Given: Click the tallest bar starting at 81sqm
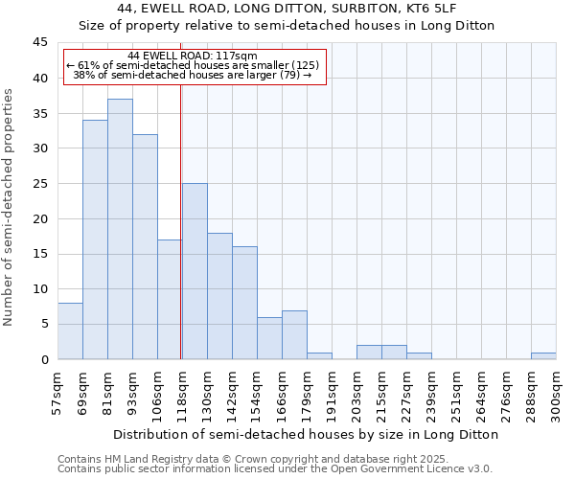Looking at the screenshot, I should click(120, 229).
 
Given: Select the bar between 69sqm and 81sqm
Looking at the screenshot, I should click(95, 239).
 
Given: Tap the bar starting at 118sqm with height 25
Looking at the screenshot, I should click(195, 271).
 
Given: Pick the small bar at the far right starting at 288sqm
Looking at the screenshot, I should click(543, 355).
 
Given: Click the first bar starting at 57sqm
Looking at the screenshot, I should click(70, 331).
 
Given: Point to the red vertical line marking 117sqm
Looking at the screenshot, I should click(181, 220).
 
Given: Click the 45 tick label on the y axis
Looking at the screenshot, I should click(39, 43).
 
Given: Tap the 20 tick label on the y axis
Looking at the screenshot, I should click(39, 218).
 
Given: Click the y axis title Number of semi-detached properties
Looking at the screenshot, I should click(9, 207).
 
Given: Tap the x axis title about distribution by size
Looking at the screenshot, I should click(306, 434).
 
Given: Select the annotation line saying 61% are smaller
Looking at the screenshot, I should click(193, 65).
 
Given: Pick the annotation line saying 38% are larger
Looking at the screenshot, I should click(193, 75).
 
